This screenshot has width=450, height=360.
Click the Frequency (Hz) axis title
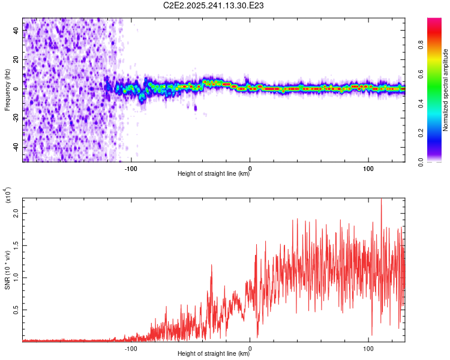click(x=8, y=89)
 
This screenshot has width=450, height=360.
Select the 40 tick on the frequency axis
click(x=16, y=31)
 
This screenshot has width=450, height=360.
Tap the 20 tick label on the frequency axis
click(x=16, y=60)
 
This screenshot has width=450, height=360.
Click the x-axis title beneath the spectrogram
click(x=214, y=174)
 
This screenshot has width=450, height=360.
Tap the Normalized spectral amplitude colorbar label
click(x=446, y=89)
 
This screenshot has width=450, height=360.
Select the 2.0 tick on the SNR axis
click(x=16, y=213)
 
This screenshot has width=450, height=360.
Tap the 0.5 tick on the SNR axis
click(x=16, y=309)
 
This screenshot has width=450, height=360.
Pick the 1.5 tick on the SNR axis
click(x=16, y=245)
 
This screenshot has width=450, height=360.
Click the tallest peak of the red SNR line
click(x=381, y=199)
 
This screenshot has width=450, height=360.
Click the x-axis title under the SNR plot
click(x=214, y=353)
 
